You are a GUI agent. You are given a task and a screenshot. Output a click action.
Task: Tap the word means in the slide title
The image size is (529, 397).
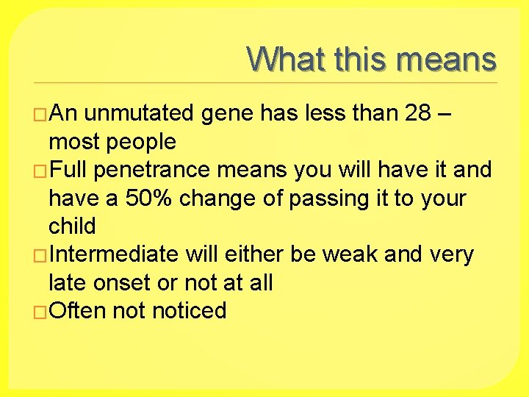tap(447, 59)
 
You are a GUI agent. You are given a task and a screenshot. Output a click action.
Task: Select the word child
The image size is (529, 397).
tap(72, 226)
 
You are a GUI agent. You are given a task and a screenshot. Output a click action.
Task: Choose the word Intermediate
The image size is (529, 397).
tap(115, 254)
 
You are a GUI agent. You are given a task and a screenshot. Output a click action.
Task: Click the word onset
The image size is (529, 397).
tap(134, 282)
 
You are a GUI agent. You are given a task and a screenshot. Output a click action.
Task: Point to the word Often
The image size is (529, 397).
tap(78, 311)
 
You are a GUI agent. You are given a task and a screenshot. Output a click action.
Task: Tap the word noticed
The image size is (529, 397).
tap(189, 311)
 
